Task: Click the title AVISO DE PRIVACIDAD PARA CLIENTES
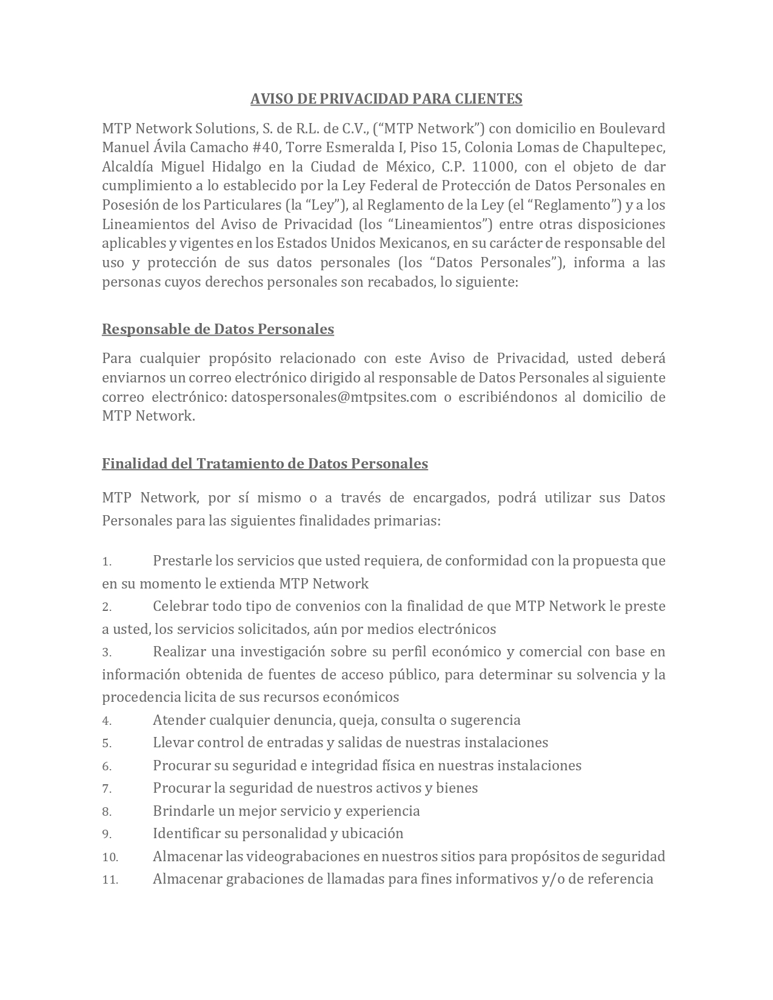click(386, 99)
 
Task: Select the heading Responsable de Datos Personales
click(218, 329)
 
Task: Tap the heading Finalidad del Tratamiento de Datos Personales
click(265, 464)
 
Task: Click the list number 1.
click(106, 562)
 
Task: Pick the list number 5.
click(106, 744)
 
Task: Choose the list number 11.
click(110, 880)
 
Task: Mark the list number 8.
click(106, 812)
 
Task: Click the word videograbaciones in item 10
click(293, 856)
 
